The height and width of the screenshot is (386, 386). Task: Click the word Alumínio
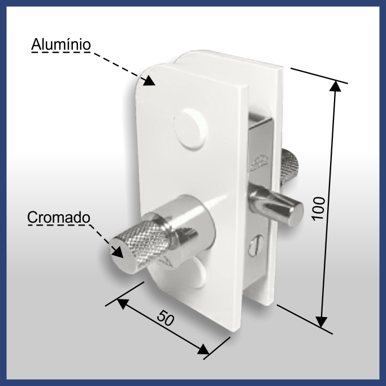point(61,44)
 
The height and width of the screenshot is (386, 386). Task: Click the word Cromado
point(59,218)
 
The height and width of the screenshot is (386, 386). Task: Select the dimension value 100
point(319,209)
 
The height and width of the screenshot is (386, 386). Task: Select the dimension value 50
point(166,318)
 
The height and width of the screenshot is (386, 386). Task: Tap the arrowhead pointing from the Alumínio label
point(149,80)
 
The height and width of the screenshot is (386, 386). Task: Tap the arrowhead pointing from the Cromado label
point(118,251)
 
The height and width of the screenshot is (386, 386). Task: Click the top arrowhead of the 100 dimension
point(335,86)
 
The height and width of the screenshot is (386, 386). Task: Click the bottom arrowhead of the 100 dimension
point(321,322)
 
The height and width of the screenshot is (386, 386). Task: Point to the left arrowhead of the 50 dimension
point(123,303)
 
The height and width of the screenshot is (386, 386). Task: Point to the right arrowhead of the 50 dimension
point(203,349)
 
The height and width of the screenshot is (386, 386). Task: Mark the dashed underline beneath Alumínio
point(61,52)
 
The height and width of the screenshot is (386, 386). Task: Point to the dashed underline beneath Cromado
point(59,224)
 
